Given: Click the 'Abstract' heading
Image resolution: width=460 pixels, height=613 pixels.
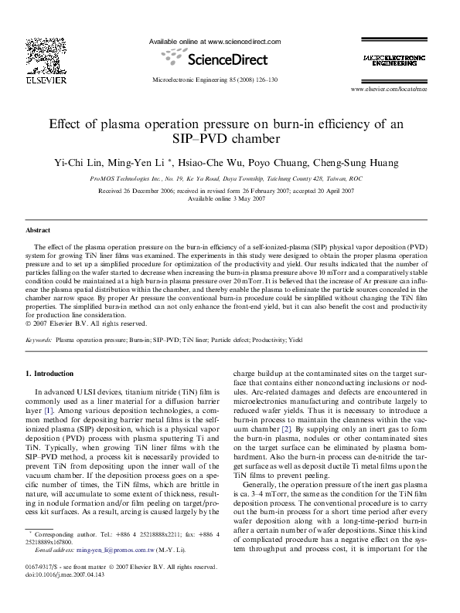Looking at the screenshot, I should (x=38, y=230).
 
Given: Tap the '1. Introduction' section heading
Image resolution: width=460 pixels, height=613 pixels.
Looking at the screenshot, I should (x=55, y=374).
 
